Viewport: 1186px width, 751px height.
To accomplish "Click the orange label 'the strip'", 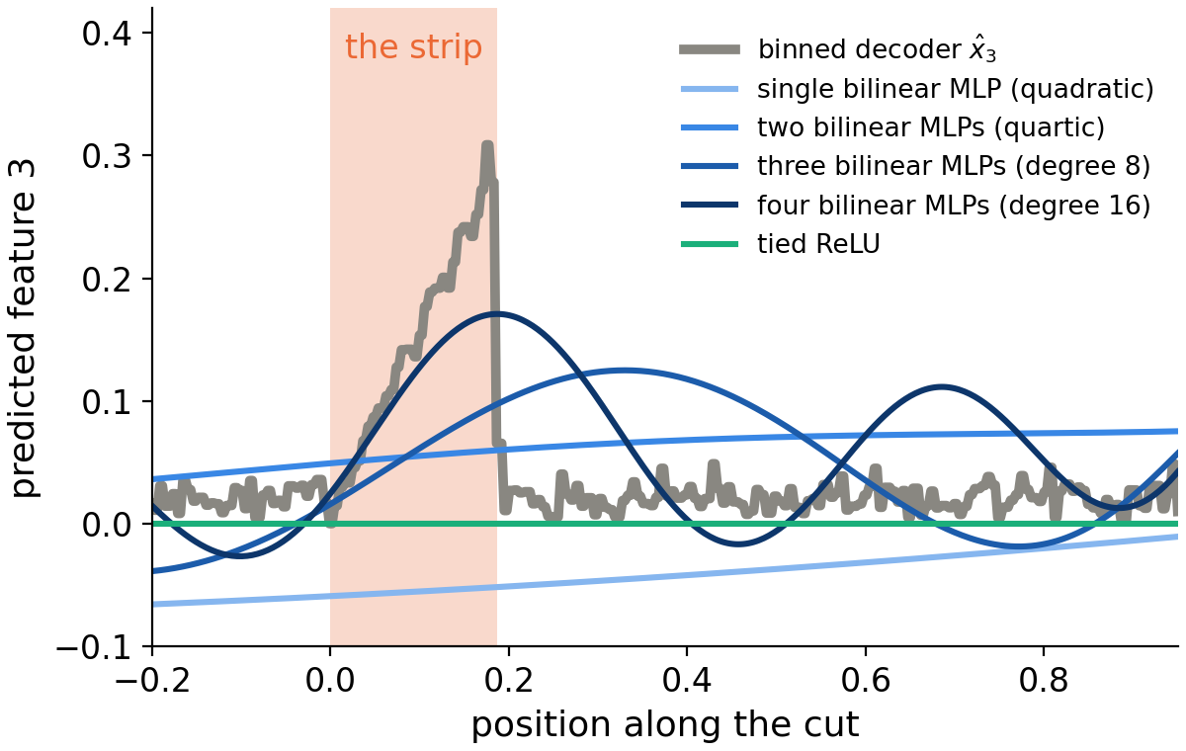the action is coord(413,47).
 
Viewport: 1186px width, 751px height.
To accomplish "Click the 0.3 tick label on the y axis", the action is coord(107,155).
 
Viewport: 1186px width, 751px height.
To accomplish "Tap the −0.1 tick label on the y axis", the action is coord(94,646).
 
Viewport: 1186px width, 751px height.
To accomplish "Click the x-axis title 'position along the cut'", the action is coord(665,724).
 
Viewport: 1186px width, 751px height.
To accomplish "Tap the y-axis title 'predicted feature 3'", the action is coord(24,328).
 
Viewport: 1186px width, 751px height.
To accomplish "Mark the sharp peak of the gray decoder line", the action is coord(487,143).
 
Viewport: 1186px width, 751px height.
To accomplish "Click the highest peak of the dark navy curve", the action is coord(495,314).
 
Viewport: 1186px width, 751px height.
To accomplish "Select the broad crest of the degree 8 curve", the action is coord(624,371).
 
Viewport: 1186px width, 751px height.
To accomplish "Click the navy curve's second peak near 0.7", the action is coord(941,387).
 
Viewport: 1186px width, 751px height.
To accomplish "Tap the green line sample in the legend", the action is coord(710,244).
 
